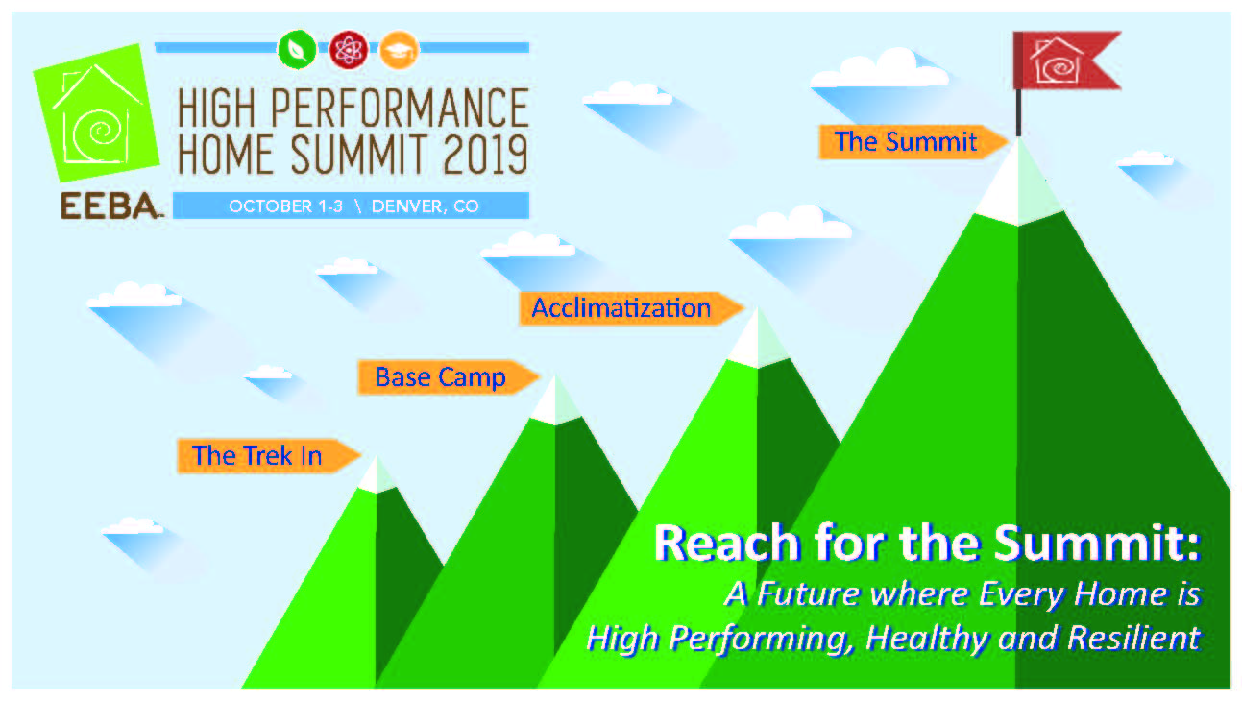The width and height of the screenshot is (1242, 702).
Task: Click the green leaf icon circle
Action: click(297, 50)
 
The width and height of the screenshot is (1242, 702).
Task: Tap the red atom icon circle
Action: click(349, 50)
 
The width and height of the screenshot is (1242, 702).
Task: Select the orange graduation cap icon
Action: click(399, 50)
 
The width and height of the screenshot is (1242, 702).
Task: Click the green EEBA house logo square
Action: click(96, 112)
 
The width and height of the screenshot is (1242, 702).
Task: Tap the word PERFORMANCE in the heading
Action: click(400, 108)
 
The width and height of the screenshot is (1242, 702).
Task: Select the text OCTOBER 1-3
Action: click(285, 206)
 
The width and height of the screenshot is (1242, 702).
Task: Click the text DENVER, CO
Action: click(425, 206)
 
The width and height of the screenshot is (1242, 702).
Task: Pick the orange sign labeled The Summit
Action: click(913, 142)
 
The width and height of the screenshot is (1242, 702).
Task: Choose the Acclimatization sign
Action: click(631, 308)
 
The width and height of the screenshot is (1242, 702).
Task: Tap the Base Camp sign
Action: click(448, 377)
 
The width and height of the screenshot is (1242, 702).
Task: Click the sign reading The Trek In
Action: click(268, 456)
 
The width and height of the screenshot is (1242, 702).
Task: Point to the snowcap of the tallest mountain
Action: click(1018, 185)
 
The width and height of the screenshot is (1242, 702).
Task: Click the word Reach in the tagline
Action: click(727, 544)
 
